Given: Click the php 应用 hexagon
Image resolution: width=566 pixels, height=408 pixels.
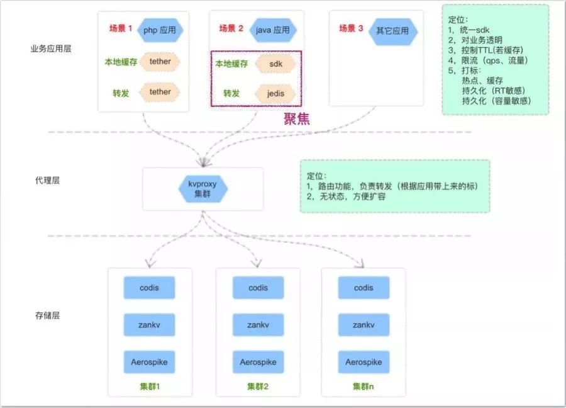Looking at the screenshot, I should click(160, 30).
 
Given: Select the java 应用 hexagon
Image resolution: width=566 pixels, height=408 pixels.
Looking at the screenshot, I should click(272, 30).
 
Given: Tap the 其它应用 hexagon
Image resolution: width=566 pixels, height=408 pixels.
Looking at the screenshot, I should click(392, 30).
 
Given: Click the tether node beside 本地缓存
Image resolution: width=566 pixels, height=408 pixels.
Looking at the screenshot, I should click(160, 62).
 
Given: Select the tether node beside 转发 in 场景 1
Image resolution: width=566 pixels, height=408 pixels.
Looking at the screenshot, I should click(160, 92).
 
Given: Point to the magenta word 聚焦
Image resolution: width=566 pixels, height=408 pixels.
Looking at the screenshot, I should click(296, 118).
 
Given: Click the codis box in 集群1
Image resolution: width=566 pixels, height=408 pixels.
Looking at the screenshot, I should click(149, 288).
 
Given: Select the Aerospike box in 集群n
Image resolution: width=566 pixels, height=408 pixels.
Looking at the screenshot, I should click(363, 363).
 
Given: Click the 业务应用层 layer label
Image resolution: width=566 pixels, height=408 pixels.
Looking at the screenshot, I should click(50, 48).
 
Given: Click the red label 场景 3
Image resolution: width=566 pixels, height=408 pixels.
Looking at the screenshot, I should click(352, 28).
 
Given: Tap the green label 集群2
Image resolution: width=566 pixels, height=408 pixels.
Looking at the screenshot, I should click(258, 386).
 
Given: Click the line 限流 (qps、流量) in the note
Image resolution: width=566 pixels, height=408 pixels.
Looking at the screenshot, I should click(487, 60).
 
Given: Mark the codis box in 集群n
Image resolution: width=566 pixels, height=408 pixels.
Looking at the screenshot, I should click(363, 288).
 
